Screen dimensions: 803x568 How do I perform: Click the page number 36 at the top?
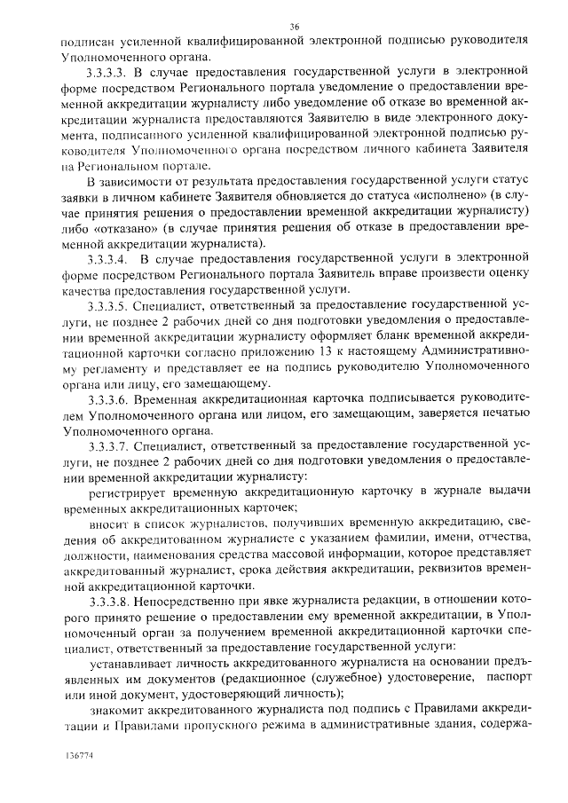click(x=295, y=28)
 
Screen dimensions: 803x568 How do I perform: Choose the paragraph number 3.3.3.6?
click(x=109, y=402)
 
